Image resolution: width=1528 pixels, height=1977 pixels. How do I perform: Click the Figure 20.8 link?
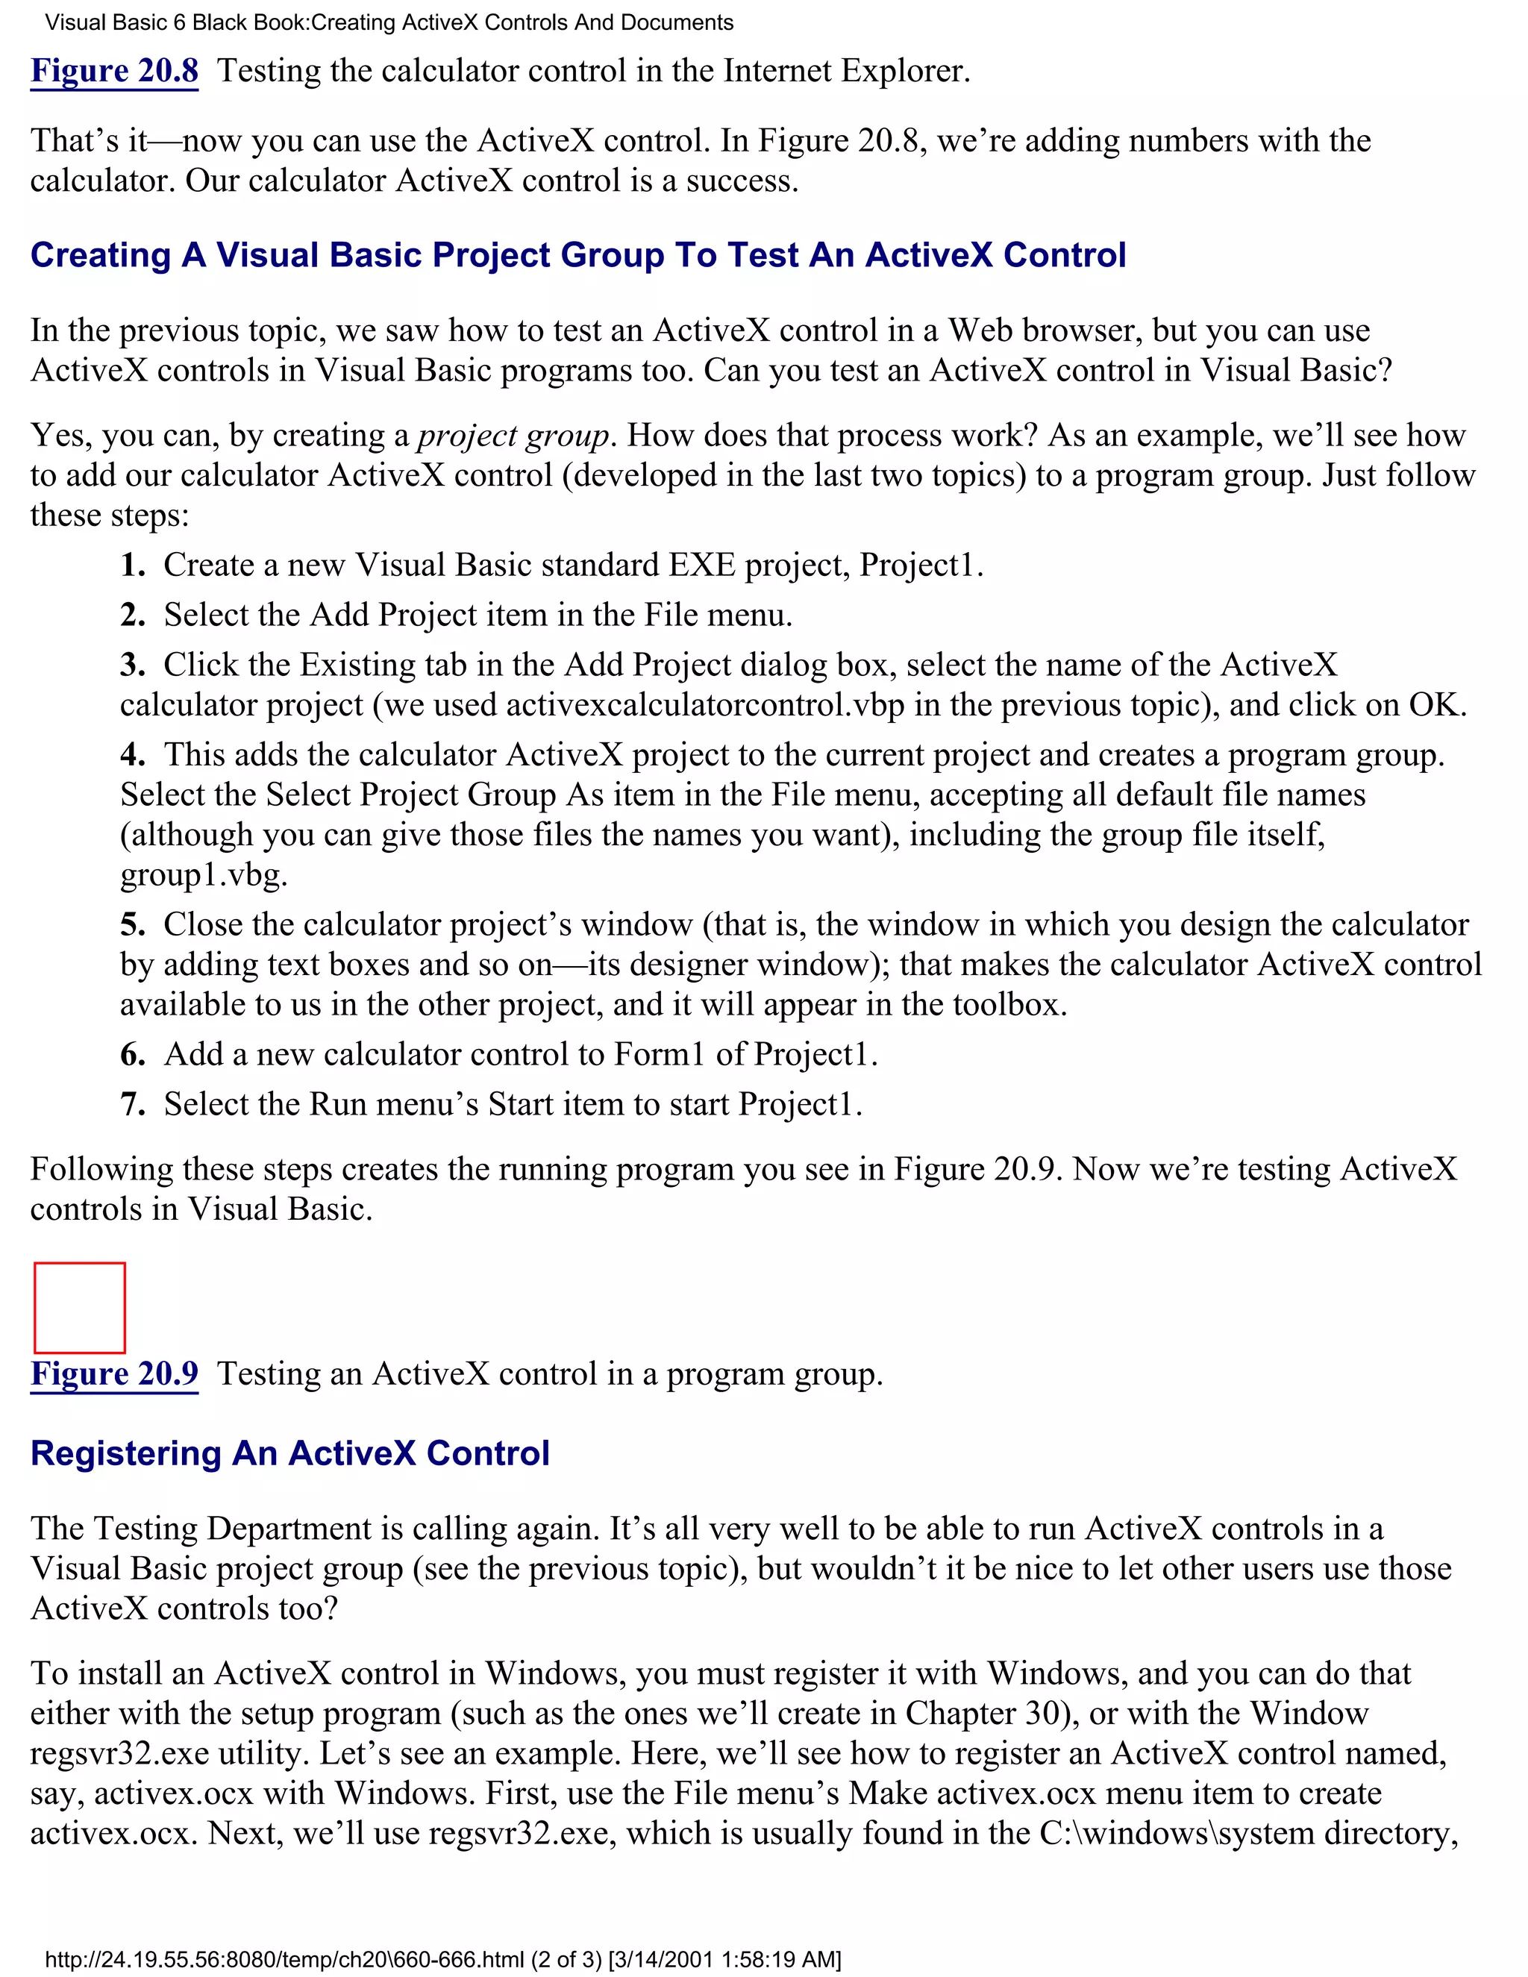pos(114,71)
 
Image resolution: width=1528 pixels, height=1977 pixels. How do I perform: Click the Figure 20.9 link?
pos(114,1373)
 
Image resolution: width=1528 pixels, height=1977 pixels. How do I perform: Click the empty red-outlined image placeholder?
pos(80,1307)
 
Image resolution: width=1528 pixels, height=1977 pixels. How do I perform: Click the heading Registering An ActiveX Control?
pos(289,1453)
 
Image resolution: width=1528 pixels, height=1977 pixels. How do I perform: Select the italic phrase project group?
pos(513,436)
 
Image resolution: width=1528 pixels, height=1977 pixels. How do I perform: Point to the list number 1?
pos(132,565)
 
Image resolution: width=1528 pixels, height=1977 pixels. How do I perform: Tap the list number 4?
pos(132,755)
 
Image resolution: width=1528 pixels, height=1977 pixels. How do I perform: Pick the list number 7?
pos(132,1104)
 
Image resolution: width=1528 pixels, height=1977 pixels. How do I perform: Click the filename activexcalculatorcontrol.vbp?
pos(704,705)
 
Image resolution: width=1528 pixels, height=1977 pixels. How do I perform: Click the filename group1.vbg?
pos(204,874)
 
